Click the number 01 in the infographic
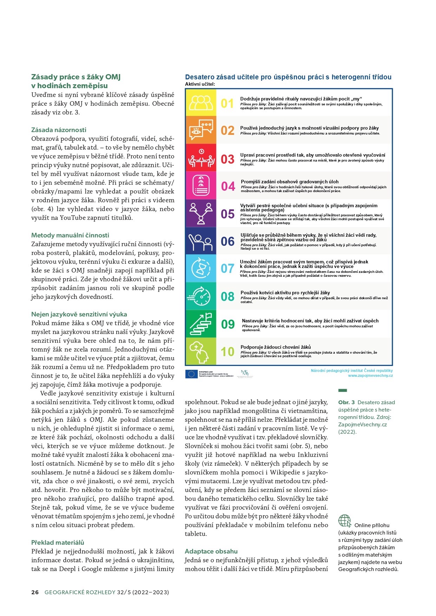[227, 104]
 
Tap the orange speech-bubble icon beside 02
[201, 130]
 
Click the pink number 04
[228, 186]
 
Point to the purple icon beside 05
[201, 214]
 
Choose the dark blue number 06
[228, 242]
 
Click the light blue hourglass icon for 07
[201, 268]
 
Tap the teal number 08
[228, 297]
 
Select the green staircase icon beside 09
[201, 324]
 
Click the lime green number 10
[228, 352]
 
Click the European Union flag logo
[191, 374]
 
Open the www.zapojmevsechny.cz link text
[370, 375]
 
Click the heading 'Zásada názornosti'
[59, 130]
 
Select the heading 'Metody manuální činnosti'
[70, 235]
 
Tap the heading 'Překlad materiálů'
[58, 543]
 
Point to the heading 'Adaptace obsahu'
[211, 551]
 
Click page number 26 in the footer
[35, 592]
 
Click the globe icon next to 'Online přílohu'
[345, 521]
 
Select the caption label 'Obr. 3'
[346, 402]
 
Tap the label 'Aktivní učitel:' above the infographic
[200, 84]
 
